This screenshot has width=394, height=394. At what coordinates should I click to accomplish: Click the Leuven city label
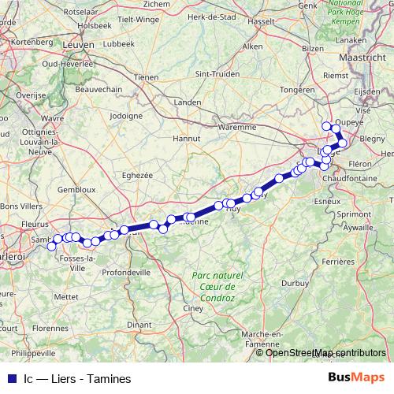78,46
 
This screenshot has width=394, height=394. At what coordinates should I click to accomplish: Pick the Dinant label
139,324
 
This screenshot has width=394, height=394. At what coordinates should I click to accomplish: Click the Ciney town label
193,308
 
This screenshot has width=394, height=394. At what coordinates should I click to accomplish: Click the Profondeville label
126,272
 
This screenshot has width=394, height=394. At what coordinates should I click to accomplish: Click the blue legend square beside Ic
11,378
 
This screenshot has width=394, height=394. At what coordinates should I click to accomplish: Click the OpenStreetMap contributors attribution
325,352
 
